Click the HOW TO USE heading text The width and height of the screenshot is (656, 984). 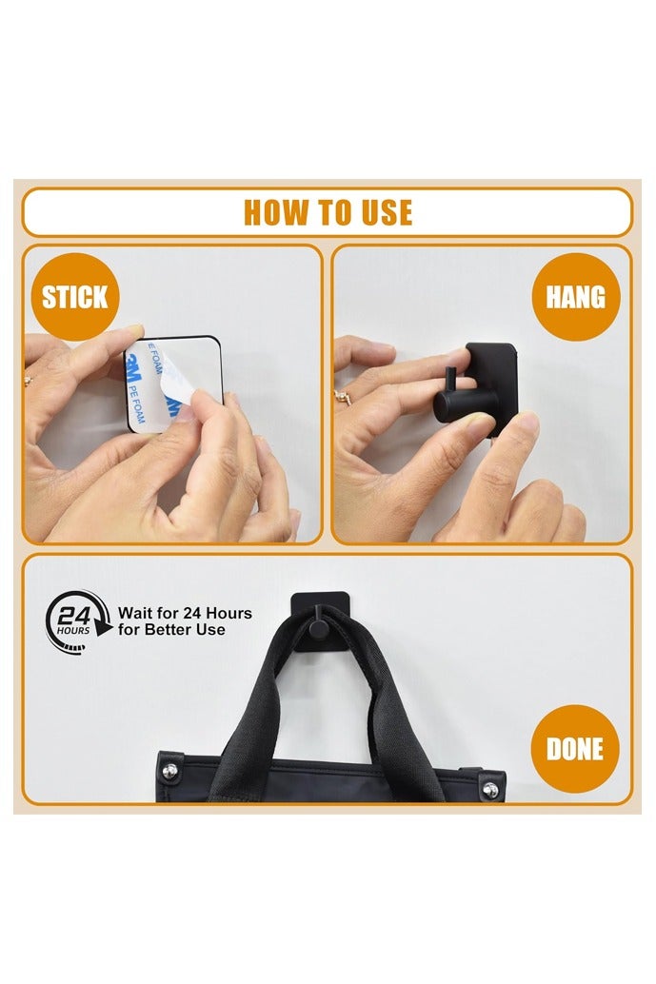[328, 213]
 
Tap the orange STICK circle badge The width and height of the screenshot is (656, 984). [74, 297]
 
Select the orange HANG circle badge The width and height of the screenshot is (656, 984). [576, 297]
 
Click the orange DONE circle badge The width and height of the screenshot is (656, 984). [574, 749]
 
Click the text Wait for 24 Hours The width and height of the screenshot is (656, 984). [186, 613]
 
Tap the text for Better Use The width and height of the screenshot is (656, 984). [171, 629]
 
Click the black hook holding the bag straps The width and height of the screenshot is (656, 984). [320, 621]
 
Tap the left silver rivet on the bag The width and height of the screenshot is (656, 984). [170, 770]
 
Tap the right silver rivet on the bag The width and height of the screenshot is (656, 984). [490, 789]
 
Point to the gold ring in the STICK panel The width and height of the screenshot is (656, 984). [29, 379]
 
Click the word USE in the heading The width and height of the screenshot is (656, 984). [388, 213]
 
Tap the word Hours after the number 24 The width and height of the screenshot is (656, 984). [229, 613]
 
